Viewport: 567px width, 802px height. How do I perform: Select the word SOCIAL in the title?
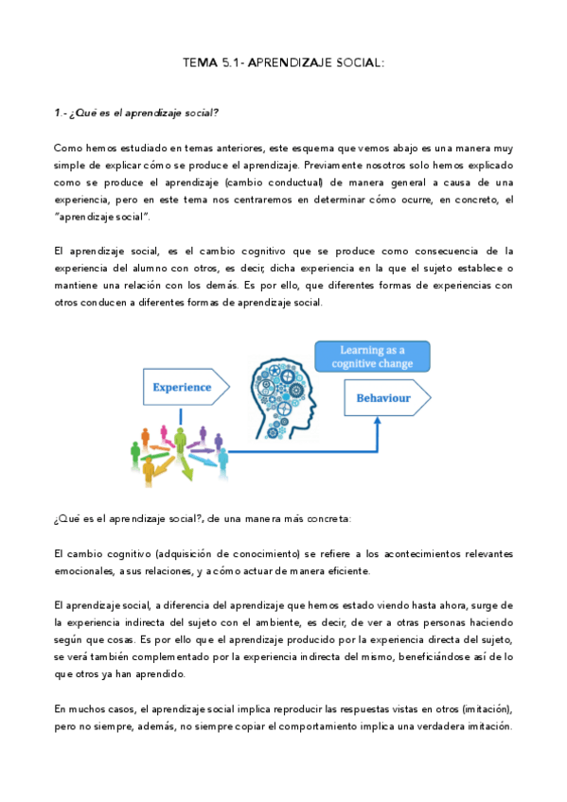pos(355,62)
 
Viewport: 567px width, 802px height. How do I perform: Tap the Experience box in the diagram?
pos(184,386)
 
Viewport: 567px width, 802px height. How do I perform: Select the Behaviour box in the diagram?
pos(382,398)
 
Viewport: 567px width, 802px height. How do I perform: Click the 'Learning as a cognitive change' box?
pos(371,357)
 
